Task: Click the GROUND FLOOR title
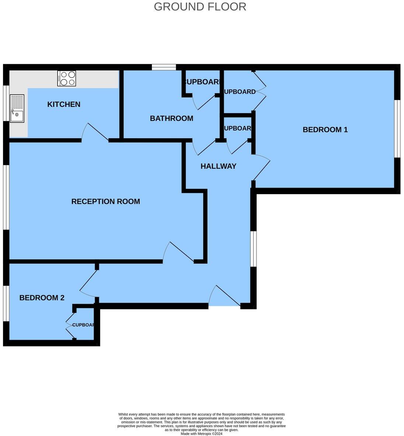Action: [x=200, y=7]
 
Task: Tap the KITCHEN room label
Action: [x=64, y=104]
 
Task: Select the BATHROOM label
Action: [x=171, y=118]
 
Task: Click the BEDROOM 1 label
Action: [x=325, y=130]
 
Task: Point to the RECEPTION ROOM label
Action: [x=105, y=202]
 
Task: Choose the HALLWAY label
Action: [x=218, y=166]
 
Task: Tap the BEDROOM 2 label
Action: [x=42, y=298]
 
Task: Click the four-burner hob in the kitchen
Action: [x=67, y=79]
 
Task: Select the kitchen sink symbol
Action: [x=17, y=109]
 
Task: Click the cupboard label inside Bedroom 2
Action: [x=83, y=325]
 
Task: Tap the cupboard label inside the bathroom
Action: [x=202, y=82]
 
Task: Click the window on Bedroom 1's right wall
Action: [x=397, y=129]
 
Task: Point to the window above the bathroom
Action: [x=164, y=67]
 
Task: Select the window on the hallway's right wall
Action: [x=254, y=248]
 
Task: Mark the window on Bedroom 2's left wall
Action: [x=6, y=303]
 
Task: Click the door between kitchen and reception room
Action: [x=95, y=133]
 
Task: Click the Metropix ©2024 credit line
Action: [x=201, y=434]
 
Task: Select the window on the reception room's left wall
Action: [x=6, y=197]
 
